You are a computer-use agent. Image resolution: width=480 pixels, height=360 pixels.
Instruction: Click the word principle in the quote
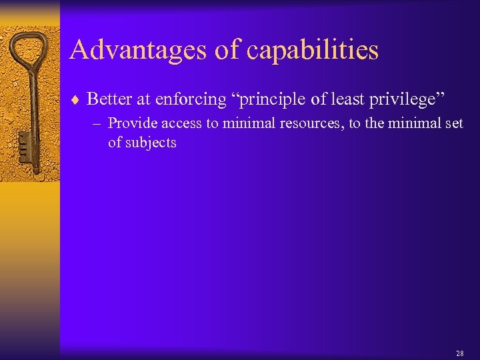[x=263, y=100]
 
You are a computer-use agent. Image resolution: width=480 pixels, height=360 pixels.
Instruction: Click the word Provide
[x=130, y=123]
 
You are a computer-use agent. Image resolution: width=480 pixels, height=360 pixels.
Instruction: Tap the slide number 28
[x=459, y=353]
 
